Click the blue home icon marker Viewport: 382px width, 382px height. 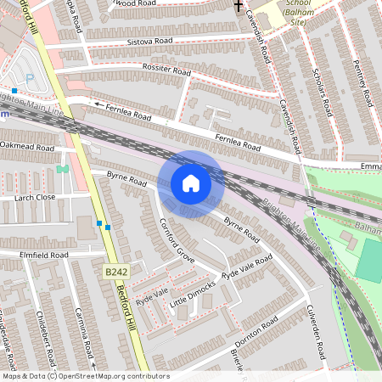(x=191, y=183)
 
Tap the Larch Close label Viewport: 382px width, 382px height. (x=35, y=197)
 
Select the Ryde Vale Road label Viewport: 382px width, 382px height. (x=247, y=267)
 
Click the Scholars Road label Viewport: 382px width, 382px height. (x=323, y=93)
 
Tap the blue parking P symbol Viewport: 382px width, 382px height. (x=31, y=79)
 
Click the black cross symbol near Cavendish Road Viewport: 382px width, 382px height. (x=239, y=5)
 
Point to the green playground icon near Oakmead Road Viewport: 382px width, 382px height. (x=62, y=169)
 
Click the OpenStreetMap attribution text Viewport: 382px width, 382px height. (x=86, y=375)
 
